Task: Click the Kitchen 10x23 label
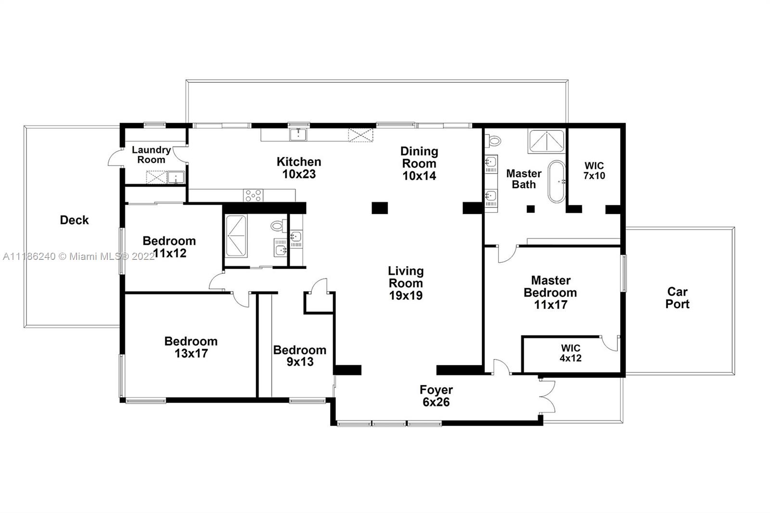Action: click(x=299, y=168)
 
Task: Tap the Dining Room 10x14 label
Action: click(x=419, y=164)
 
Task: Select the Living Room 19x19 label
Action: click(x=406, y=283)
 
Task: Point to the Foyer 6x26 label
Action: click(x=436, y=396)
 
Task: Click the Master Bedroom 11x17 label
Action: click(x=551, y=293)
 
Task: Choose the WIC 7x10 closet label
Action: click(x=594, y=171)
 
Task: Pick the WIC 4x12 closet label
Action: click(x=571, y=353)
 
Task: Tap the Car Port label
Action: click(x=677, y=298)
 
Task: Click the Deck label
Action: click(x=74, y=220)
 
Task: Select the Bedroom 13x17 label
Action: click(x=191, y=347)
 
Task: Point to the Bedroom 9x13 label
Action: click(x=300, y=356)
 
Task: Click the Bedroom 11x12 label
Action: click(x=169, y=247)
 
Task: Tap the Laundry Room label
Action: click(x=151, y=155)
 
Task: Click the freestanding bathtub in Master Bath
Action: click(x=556, y=181)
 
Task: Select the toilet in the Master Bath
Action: click(x=493, y=141)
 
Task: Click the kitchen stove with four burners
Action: click(x=253, y=195)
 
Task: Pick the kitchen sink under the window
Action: click(x=298, y=134)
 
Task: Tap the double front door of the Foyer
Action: click(x=547, y=396)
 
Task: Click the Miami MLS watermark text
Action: click(x=79, y=256)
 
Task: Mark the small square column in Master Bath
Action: click(x=531, y=209)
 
